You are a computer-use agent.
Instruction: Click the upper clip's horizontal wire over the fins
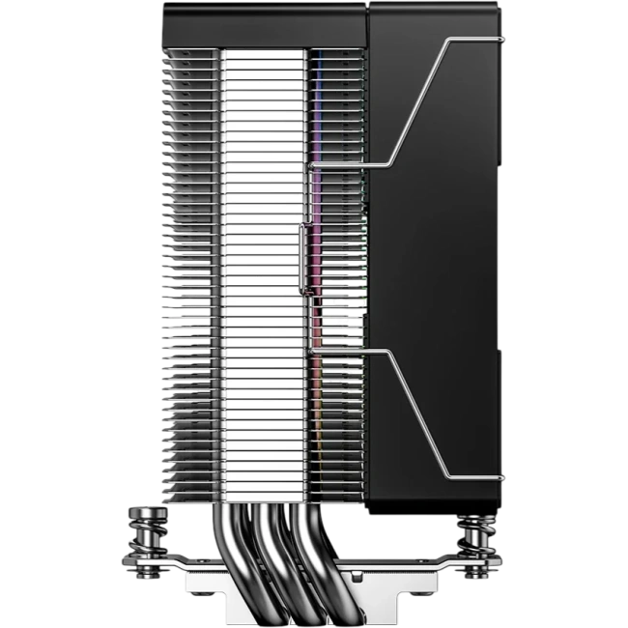pyautogui.click(x=348, y=163)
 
